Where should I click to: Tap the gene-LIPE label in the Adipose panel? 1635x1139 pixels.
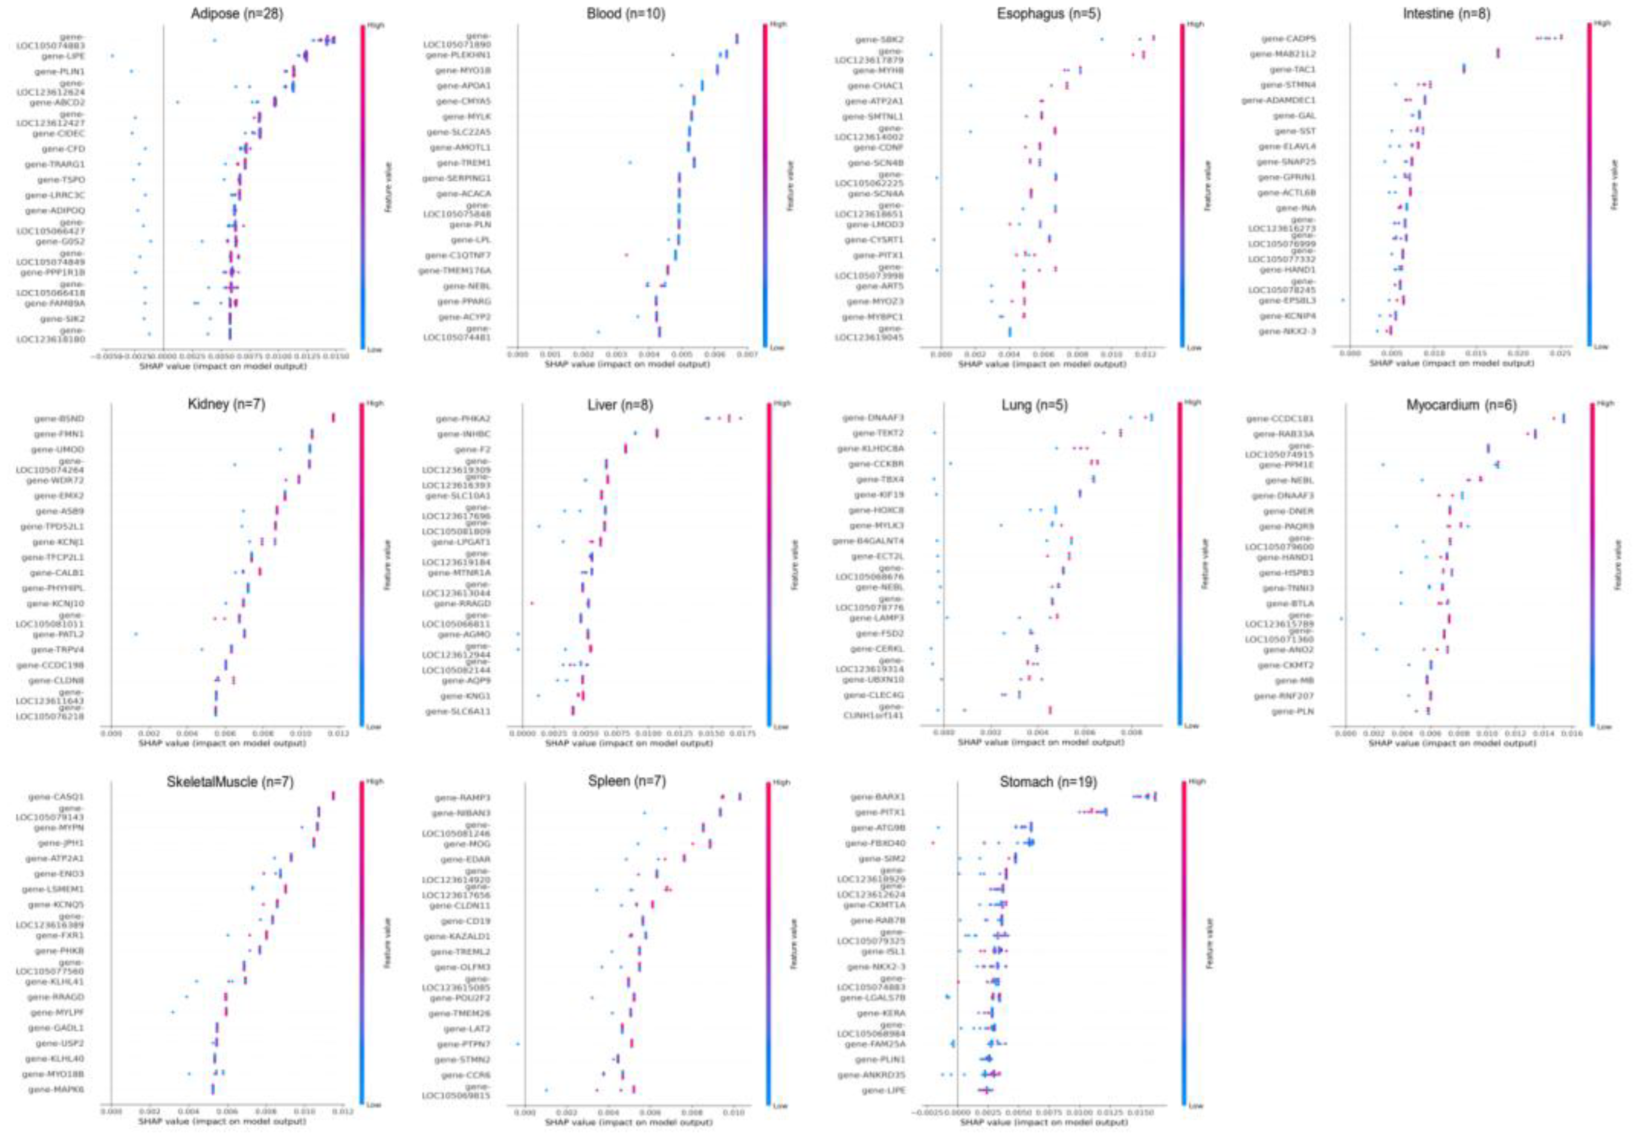click(63, 55)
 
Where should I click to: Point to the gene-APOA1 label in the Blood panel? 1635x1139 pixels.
click(464, 86)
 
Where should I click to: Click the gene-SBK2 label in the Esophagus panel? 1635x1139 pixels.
click(879, 40)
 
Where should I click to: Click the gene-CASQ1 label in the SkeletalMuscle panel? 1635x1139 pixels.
click(55, 796)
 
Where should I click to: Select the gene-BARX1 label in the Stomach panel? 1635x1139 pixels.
click(878, 797)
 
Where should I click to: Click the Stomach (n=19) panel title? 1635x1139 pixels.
click(1048, 782)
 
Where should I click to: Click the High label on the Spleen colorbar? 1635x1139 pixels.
click(781, 782)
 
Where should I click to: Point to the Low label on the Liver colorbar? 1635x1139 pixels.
click(781, 727)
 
